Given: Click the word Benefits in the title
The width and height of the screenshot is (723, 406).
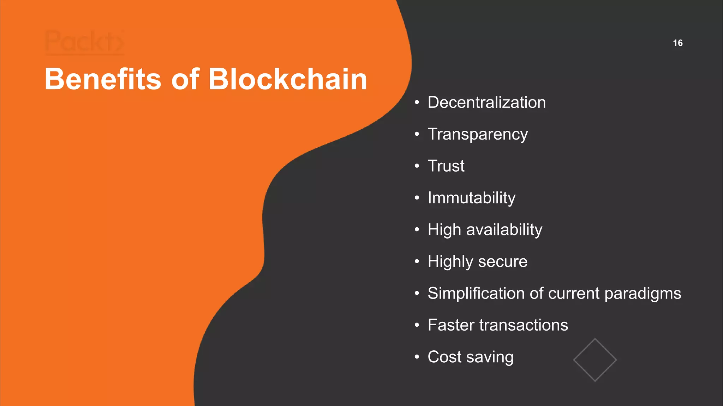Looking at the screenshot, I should click(x=103, y=79).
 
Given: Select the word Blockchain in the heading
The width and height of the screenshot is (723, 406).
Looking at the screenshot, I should click(x=288, y=79).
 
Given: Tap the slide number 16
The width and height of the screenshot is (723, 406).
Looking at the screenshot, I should click(x=677, y=43).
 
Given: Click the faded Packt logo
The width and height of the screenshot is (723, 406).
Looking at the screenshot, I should click(x=84, y=42).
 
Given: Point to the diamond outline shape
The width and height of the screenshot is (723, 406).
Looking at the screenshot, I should click(x=595, y=360).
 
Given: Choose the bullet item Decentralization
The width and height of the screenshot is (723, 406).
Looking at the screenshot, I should click(x=486, y=103).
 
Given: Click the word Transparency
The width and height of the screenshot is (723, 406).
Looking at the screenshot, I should click(x=478, y=134).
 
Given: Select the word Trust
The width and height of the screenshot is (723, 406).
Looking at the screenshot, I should click(x=446, y=166).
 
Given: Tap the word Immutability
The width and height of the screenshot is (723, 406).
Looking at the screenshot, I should click(x=471, y=198).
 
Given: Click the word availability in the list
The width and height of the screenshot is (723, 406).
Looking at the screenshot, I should click(x=504, y=230).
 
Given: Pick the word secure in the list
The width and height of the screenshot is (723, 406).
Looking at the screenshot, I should click(x=503, y=262).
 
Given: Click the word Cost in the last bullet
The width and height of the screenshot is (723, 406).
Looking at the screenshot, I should click(x=444, y=357).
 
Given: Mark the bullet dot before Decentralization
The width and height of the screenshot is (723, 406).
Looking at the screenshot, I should click(x=417, y=103).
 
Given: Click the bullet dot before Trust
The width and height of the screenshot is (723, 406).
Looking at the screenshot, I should click(x=417, y=166).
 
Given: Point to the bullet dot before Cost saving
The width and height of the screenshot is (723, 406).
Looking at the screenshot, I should click(x=417, y=357).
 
